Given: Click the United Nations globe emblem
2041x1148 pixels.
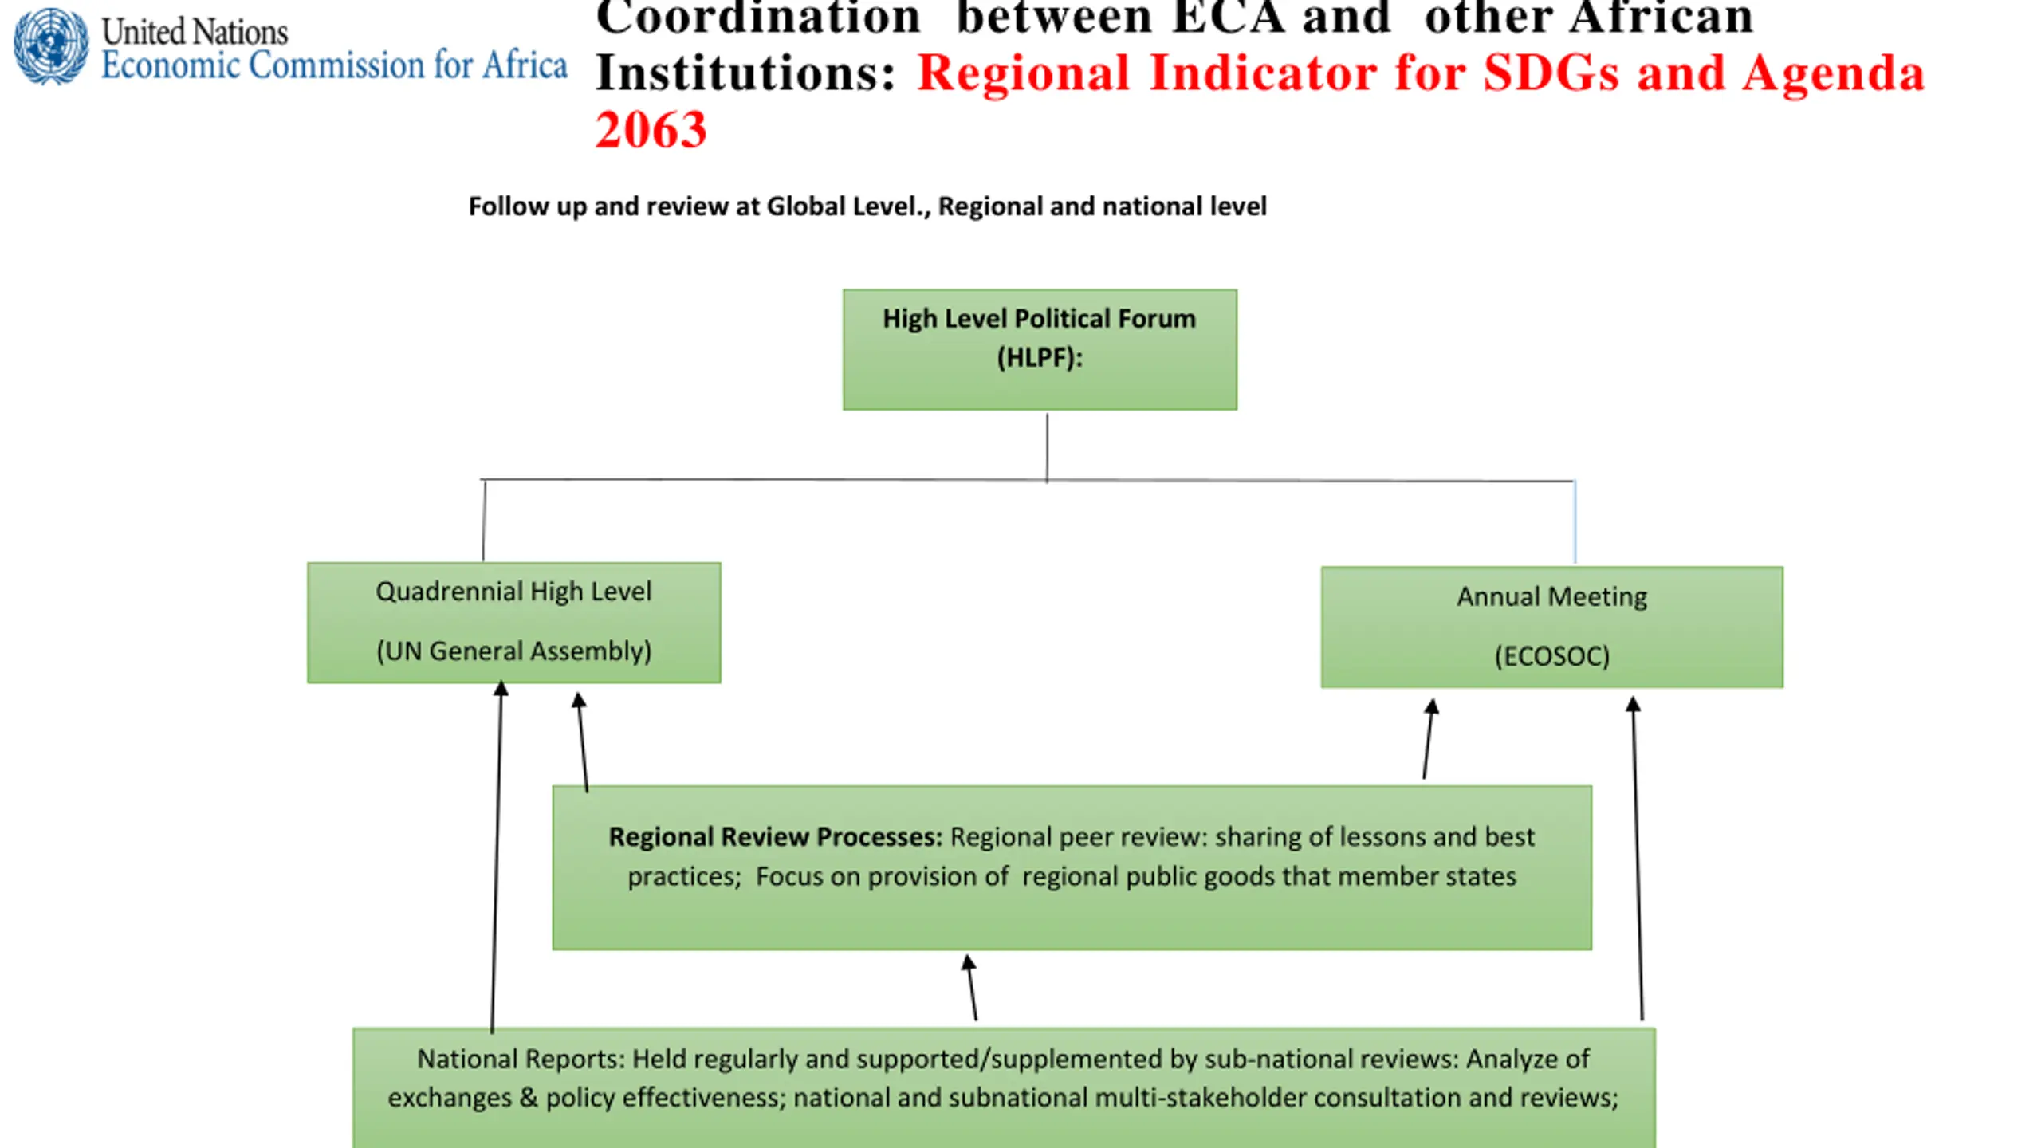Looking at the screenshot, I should coord(51,46).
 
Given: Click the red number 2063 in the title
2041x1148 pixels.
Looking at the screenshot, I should coord(651,130).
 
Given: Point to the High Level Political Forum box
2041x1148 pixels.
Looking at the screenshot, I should coord(1040,349).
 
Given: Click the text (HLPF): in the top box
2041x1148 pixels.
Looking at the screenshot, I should coord(1040,358).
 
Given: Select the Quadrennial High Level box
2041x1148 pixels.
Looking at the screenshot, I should coord(514,623).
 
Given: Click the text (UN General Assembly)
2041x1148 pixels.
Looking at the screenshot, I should coord(514,651).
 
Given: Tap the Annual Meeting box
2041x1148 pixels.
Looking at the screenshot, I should coord(1551,627).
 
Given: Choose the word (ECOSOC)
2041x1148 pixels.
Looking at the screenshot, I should coord(1551,656).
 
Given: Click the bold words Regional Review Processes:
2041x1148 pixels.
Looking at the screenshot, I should coord(775,837).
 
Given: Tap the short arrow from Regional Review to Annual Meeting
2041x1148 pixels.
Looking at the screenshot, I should coord(1429,739).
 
